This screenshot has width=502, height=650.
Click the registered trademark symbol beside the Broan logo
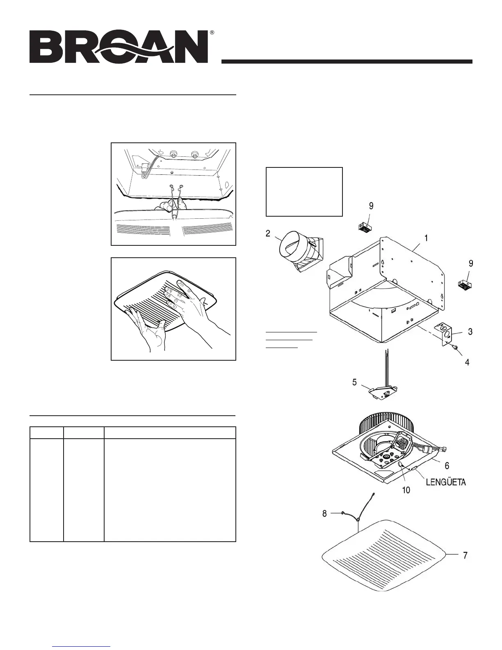212,32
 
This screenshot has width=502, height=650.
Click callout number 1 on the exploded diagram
427,238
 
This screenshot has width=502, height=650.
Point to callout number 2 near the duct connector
268,233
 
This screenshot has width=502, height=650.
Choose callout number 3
470,332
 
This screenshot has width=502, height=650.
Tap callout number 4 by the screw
467,362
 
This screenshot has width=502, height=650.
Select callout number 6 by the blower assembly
447,465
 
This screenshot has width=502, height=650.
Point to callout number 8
324,513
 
